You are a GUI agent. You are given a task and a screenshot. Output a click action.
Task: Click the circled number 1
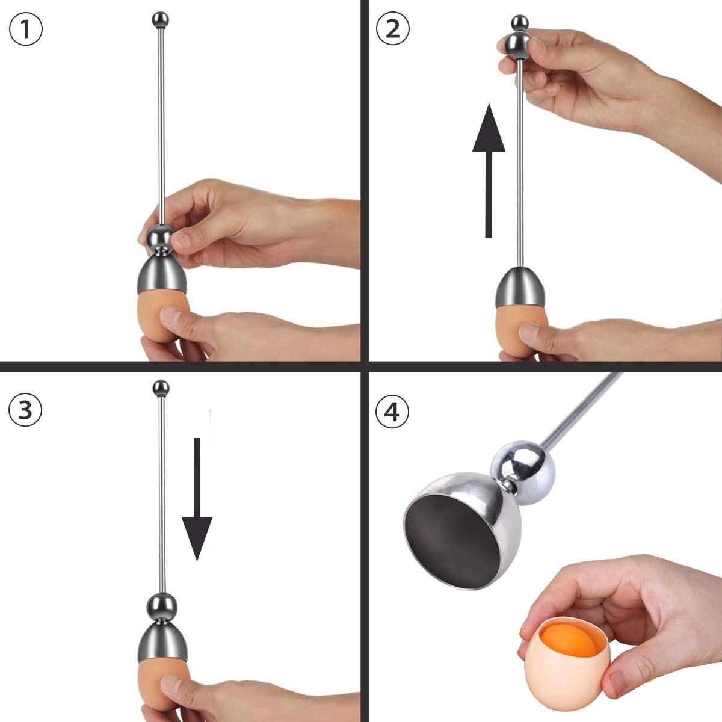[26, 29]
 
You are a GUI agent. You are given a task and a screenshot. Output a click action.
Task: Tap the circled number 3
[26, 410]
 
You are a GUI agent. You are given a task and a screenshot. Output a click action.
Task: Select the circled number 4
[392, 413]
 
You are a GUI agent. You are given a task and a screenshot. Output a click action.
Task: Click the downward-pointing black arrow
[197, 499]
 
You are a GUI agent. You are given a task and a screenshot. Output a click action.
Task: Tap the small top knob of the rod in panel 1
[161, 20]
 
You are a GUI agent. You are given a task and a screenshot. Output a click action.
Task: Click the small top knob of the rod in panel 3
[161, 387]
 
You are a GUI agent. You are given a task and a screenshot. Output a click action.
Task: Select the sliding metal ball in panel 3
[162, 605]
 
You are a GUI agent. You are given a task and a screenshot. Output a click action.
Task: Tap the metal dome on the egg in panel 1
[161, 274]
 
